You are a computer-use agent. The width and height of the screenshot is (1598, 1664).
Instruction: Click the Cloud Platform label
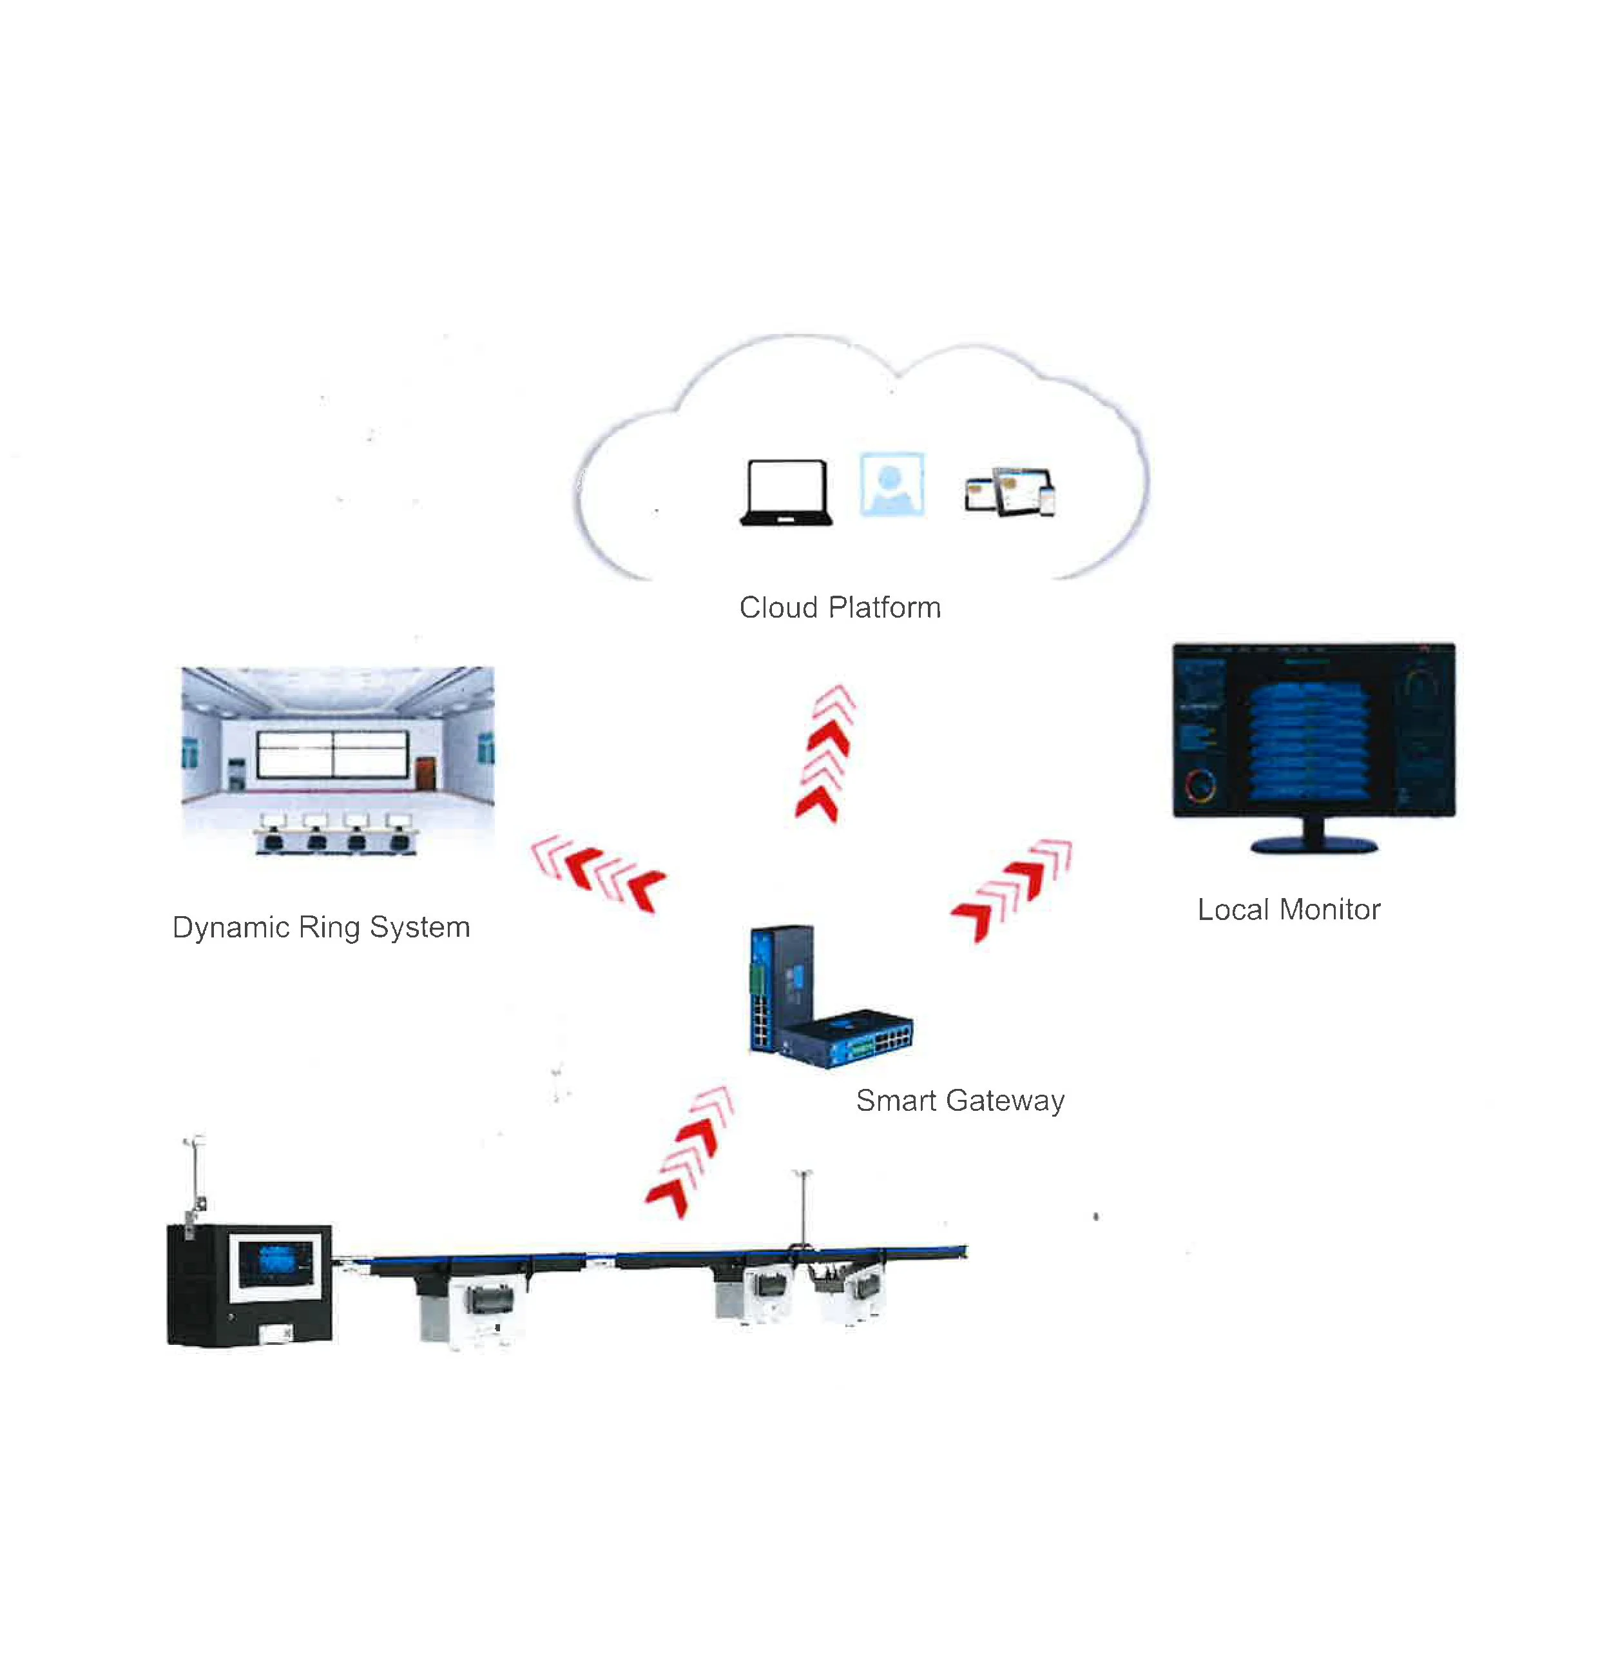tap(840, 608)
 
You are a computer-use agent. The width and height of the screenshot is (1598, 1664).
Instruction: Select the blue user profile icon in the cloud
tap(891, 484)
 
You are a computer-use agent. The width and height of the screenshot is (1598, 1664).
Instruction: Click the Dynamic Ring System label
tap(321, 927)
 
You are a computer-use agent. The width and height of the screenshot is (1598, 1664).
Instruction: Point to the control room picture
tap(337, 760)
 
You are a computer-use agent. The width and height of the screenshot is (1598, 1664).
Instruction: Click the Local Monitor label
tap(1288, 909)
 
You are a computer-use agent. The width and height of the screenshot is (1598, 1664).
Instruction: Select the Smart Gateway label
tap(960, 1101)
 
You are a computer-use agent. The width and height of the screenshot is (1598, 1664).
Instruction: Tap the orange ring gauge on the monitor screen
tap(1200, 785)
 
